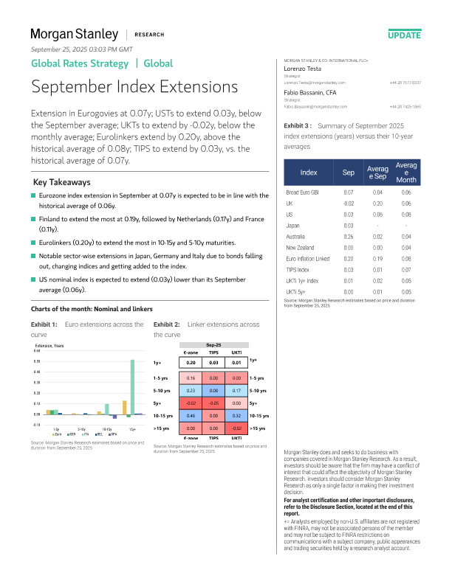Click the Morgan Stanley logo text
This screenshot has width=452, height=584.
[x=74, y=34]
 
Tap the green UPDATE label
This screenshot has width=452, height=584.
[x=404, y=35]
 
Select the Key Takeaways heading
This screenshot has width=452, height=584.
[x=62, y=182]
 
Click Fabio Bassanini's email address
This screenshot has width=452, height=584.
[x=309, y=107]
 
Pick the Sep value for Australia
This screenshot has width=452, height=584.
[x=349, y=236]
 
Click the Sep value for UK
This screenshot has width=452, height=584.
[x=349, y=203]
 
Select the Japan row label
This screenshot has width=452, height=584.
[x=293, y=225]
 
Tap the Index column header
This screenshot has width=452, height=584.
[x=309, y=173]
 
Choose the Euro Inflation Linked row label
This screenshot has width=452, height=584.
[x=309, y=259]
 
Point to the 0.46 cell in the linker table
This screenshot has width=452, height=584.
[x=191, y=417]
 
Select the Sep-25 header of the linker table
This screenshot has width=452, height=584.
[x=213, y=344]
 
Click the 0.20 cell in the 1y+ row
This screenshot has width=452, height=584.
[x=191, y=363]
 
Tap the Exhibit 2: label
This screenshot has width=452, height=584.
[x=167, y=324]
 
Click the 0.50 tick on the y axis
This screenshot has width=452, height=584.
[x=37, y=361]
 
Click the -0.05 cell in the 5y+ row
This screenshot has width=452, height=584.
[x=213, y=403]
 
